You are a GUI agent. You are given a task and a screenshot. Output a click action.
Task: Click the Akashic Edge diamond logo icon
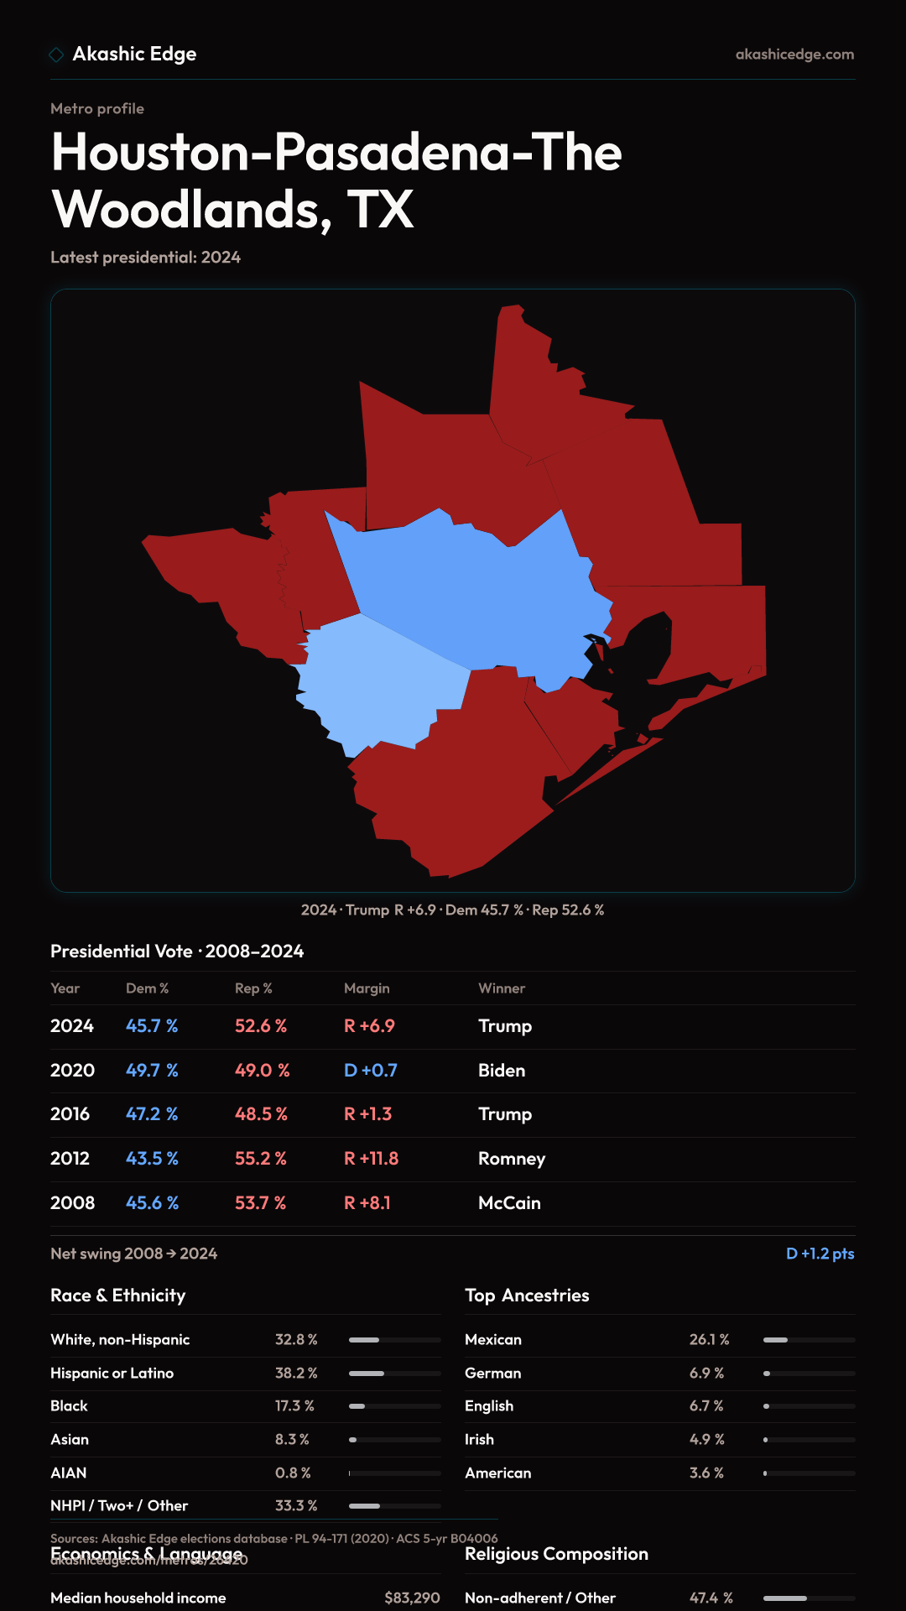[x=56, y=55]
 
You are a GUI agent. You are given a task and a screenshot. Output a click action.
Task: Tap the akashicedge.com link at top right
[x=794, y=55]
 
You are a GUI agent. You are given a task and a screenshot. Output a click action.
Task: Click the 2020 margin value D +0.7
[x=371, y=1071]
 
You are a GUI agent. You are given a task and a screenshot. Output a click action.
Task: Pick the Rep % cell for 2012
[x=261, y=1159]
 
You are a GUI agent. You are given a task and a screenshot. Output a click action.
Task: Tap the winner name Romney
[x=512, y=1159]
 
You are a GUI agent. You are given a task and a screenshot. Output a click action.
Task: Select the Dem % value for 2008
[x=152, y=1203]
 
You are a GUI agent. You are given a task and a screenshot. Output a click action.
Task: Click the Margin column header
[x=367, y=988]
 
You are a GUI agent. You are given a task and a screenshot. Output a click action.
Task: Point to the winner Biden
[x=502, y=1071]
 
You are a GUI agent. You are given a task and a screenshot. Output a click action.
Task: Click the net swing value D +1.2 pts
[x=820, y=1254]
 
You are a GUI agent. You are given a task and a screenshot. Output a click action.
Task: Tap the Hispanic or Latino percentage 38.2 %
[x=296, y=1374]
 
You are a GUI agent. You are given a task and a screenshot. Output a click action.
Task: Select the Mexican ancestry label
[x=493, y=1340]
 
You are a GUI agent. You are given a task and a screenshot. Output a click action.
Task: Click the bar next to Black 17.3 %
[x=394, y=1406]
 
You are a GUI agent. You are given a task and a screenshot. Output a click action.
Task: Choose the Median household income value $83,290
[x=412, y=1598]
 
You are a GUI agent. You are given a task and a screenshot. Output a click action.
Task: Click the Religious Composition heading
[x=556, y=1554]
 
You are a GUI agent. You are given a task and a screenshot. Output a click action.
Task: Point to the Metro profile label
[x=97, y=109]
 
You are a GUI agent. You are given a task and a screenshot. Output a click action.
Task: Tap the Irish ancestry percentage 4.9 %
[x=706, y=1440]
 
